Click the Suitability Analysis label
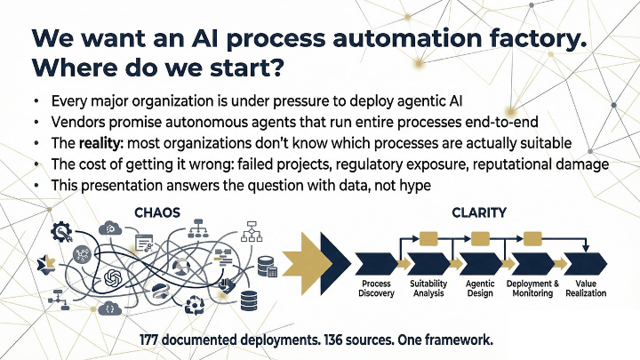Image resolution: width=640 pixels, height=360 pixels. point(429,288)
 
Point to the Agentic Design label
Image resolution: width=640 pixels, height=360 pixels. point(481,288)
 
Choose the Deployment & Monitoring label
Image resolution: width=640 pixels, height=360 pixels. point(533,288)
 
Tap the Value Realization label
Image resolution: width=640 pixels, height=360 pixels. point(586,288)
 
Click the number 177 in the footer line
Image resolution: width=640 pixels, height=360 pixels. point(154,340)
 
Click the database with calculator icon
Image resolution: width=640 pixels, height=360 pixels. point(267,266)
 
